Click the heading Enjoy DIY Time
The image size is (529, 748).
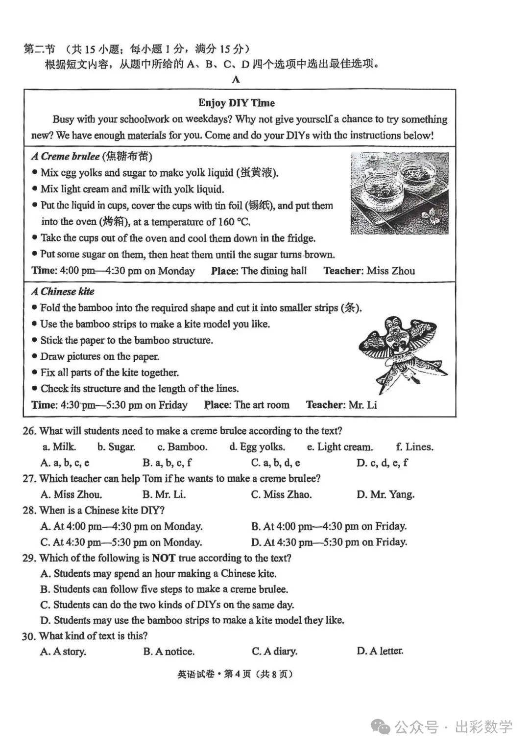coord(237,103)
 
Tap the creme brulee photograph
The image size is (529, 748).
coord(399,193)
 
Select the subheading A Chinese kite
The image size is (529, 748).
coord(63,292)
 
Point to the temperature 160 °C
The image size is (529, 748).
coord(233,222)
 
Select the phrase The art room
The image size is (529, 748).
coord(262,405)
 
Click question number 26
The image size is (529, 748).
coord(29,431)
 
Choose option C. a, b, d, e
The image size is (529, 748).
coord(275,463)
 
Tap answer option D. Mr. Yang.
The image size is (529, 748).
coord(385,494)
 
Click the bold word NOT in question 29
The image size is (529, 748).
coord(164,558)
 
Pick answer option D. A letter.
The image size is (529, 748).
coord(380,651)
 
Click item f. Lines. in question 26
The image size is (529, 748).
coord(414,447)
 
